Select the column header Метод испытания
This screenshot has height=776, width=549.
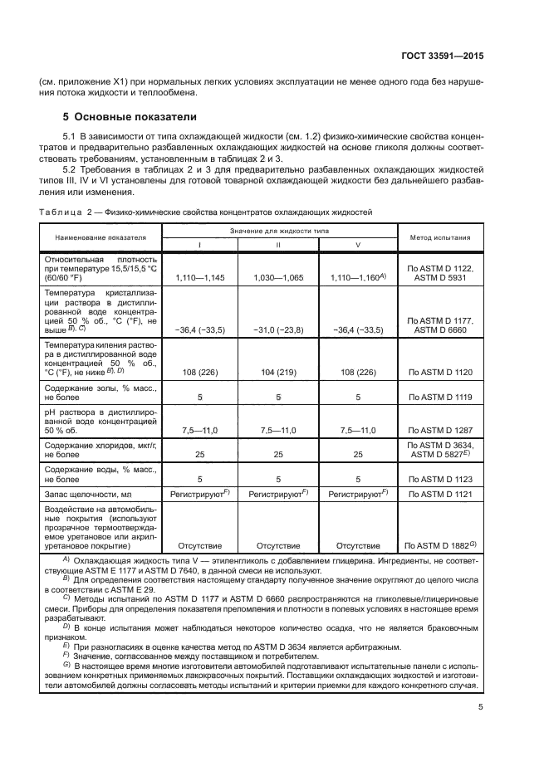coord(439,237)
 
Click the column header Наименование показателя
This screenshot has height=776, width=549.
coord(100,237)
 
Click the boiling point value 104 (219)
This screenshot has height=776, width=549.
coord(278,373)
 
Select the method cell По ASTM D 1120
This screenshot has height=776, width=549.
coord(439,373)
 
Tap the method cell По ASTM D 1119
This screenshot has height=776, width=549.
coord(439,398)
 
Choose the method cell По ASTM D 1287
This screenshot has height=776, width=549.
coord(439,430)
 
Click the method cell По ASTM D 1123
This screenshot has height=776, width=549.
coord(439,479)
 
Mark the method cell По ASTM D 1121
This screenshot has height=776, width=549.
coord(439,495)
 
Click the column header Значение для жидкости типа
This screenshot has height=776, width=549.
coord(278,229)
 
